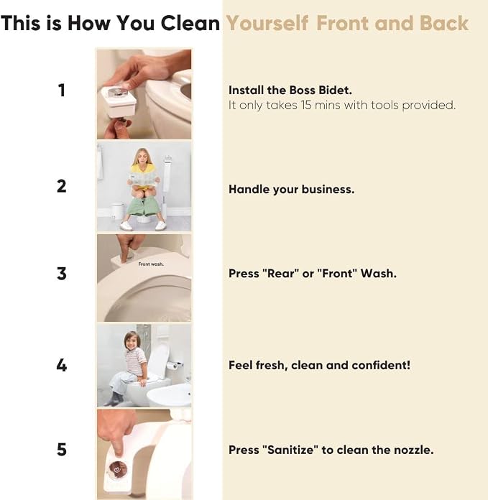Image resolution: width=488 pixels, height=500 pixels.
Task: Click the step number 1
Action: click(x=62, y=90)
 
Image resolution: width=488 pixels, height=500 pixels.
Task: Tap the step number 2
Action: click(x=62, y=186)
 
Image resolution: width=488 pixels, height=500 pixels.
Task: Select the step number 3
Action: click(x=62, y=274)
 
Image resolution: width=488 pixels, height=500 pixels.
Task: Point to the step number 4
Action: click(x=62, y=365)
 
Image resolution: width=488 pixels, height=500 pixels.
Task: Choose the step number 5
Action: click(x=62, y=450)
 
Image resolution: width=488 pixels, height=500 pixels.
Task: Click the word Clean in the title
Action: click(x=190, y=23)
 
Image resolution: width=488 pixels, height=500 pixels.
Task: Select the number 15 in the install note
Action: click(x=306, y=105)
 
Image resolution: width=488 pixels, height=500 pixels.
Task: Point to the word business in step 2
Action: click(x=328, y=190)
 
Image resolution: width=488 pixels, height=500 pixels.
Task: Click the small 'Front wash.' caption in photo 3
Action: click(x=151, y=264)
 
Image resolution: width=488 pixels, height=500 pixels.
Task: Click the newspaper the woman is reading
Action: click(x=144, y=179)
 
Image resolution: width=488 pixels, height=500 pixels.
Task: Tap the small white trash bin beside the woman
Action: click(x=116, y=211)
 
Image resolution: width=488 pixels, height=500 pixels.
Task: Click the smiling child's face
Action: click(x=131, y=341)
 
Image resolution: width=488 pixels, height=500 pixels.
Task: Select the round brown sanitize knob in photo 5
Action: click(x=119, y=468)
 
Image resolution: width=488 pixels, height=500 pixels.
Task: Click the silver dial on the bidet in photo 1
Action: click(x=118, y=92)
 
